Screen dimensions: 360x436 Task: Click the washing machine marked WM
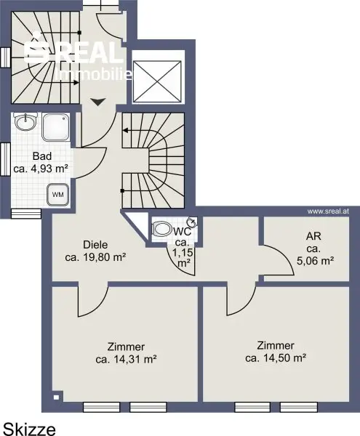tap(58, 195)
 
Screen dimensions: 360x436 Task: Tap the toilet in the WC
tap(161, 229)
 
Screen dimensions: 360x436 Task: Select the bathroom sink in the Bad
tap(26, 122)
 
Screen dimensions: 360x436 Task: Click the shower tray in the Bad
tap(56, 126)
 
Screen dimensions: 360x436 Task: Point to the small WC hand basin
tap(192, 222)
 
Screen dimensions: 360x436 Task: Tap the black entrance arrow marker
tap(98, 102)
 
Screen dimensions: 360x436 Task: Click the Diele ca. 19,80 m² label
tap(95, 251)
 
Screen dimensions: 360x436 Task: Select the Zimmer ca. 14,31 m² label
tap(126, 353)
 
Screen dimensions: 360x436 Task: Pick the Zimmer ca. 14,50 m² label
tap(276, 352)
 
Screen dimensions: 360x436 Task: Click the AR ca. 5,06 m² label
tap(315, 249)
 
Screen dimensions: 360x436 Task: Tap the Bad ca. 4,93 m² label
tap(41, 162)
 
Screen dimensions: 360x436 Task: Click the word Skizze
tap(29, 429)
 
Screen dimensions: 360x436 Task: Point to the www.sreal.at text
tap(328, 211)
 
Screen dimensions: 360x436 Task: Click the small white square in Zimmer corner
tap(56, 397)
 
